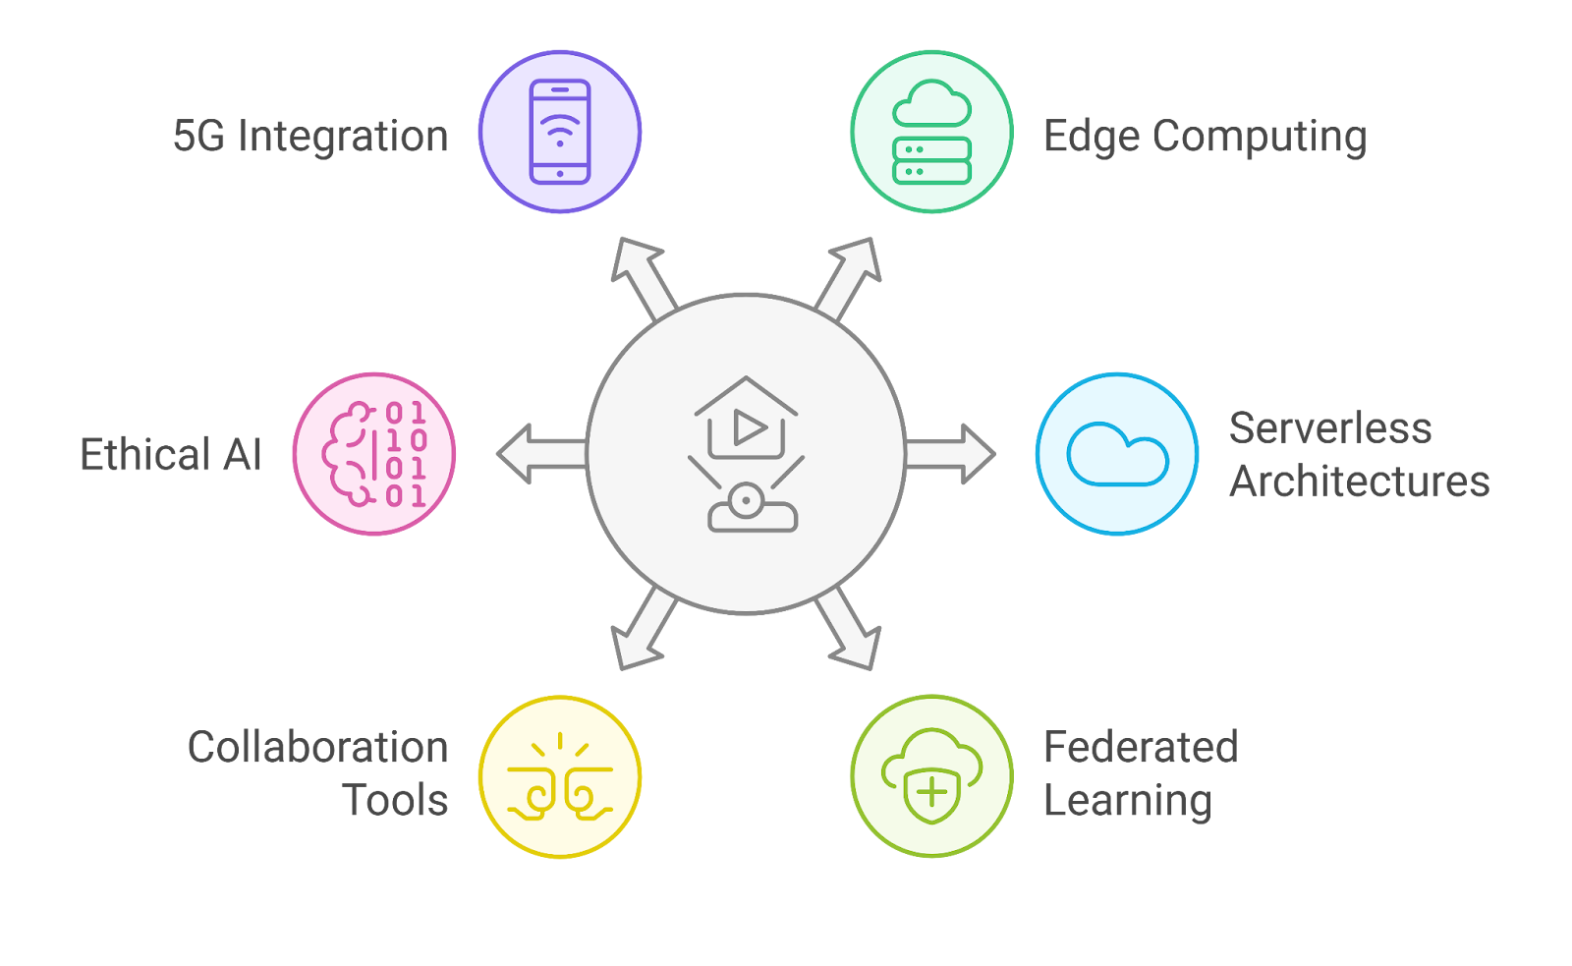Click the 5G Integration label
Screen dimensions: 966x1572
pyautogui.click(x=310, y=137)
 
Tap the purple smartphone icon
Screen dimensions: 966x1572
pyautogui.click(x=560, y=132)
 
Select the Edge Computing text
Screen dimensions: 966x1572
pyautogui.click(x=1205, y=137)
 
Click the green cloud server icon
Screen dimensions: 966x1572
pyautogui.click(x=931, y=132)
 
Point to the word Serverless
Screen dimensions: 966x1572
pyautogui.click(x=1330, y=428)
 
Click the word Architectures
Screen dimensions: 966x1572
pyautogui.click(x=1360, y=482)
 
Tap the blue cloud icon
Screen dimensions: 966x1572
pyautogui.click(x=1117, y=454)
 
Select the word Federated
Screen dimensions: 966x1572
pyautogui.click(x=1140, y=747)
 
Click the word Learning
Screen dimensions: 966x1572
pyautogui.click(x=1127, y=801)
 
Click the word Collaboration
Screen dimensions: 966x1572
pyautogui.click(x=317, y=747)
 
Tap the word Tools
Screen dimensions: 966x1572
pyautogui.click(x=395, y=801)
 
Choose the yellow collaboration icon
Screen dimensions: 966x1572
pyautogui.click(x=560, y=776)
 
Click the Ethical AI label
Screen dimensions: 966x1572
pyautogui.click(x=171, y=455)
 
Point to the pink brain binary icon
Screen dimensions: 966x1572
pyautogui.click(x=374, y=454)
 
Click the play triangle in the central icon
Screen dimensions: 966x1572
pyautogui.click(x=750, y=428)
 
